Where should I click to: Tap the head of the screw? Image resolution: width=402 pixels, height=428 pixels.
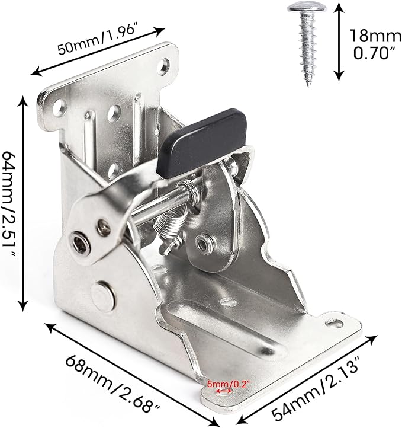tap(307, 7)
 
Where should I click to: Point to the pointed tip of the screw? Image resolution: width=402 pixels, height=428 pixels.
tap(308, 85)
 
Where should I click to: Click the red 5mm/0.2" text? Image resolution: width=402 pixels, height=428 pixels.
tap(229, 384)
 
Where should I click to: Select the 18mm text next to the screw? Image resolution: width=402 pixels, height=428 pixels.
tap(375, 36)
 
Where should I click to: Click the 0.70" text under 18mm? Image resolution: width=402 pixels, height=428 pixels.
tap(374, 53)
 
